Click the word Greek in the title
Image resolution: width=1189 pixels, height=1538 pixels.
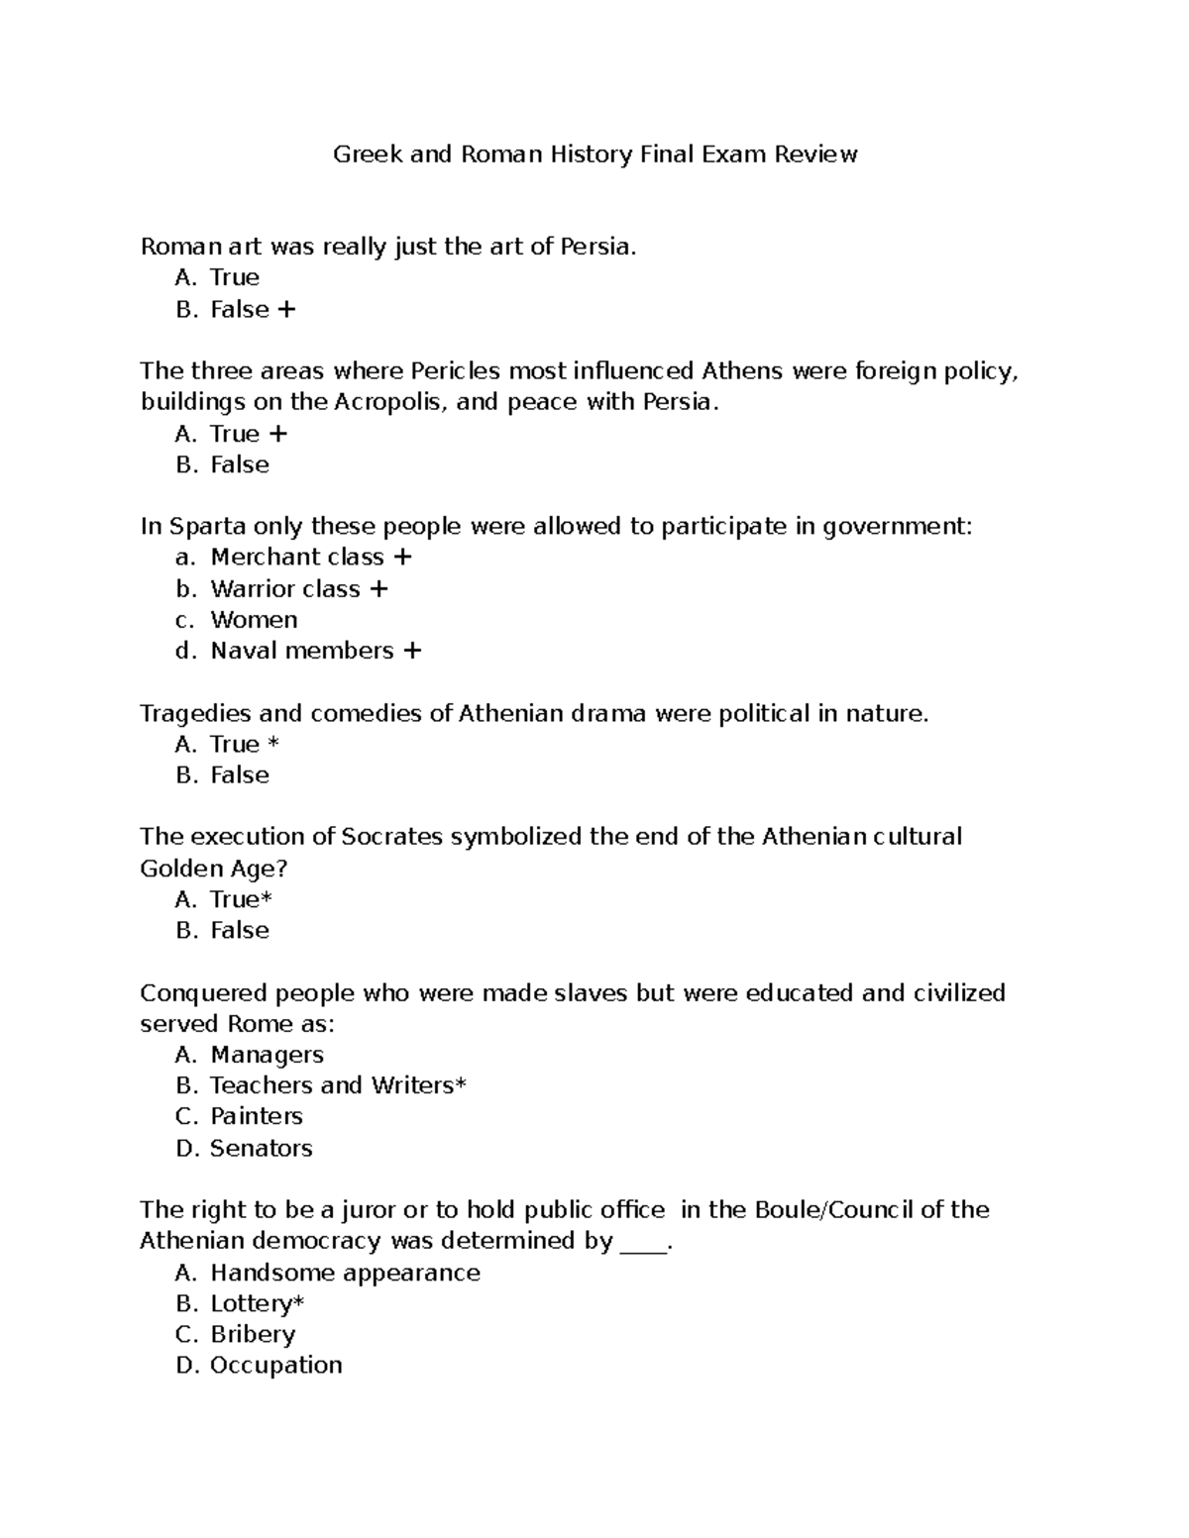point(367,154)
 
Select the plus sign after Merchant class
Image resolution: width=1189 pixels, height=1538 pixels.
point(402,558)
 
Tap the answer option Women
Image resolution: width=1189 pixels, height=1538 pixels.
point(254,620)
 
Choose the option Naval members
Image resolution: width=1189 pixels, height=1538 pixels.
point(302,651)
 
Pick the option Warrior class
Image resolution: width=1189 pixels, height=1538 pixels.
point(285,589)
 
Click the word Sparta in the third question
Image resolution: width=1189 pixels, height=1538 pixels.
point(202,527)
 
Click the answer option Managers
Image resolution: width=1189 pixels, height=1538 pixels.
point(267,1055)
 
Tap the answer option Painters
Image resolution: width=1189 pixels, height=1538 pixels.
point(256,1116)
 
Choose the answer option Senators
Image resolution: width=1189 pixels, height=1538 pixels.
point(261,1148)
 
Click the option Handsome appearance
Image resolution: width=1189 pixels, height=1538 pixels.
point(345,1273)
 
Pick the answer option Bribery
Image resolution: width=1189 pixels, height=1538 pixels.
point(253,1334)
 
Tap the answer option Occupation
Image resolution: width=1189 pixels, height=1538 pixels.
point(275,1365)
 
